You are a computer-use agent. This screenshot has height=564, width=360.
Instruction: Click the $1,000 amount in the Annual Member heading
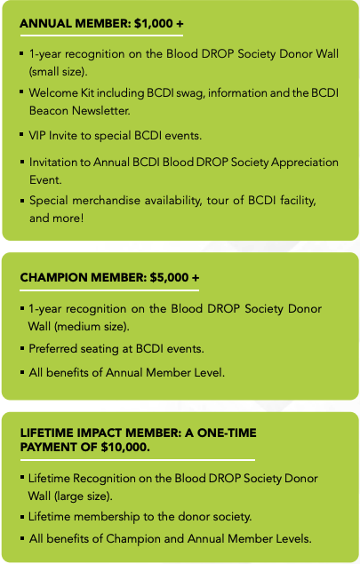(154, 24)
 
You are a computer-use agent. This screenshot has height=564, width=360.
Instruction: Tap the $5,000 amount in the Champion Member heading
(169, 278)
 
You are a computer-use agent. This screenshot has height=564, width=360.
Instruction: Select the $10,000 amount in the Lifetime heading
(125, 447)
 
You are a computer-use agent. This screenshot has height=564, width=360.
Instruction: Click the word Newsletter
(101, 110)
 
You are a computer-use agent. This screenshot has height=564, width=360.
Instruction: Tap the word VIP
(37, 136)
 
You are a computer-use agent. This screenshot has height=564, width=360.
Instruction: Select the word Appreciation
(305, 163)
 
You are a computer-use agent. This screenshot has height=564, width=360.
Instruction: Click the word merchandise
(106, 201)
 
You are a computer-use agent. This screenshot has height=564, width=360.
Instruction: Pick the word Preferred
(52, 348)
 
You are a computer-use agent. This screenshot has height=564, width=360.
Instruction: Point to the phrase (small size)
(58, 72)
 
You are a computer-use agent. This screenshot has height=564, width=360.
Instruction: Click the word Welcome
(53, 92)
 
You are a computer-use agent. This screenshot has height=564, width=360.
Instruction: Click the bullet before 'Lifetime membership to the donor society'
(22, 517)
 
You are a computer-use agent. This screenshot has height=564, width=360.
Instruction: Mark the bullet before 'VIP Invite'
(22, 134)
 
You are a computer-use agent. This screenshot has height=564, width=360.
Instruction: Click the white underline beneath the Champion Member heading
(109, 290)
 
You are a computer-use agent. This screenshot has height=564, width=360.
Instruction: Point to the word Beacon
(49, 110)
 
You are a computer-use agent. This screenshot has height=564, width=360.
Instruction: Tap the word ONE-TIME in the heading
(227, 433)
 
